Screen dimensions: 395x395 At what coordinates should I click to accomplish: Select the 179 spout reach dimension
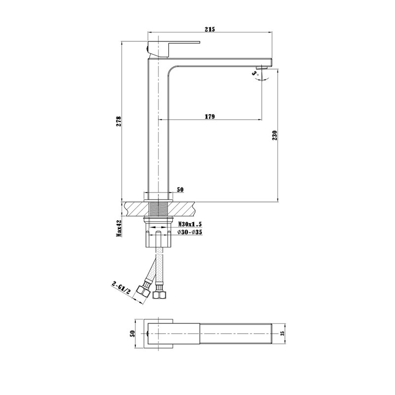pos(209,117)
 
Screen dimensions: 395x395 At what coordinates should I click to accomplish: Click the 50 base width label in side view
pos(180,190)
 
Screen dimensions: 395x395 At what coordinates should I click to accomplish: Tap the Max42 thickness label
pos(119,228)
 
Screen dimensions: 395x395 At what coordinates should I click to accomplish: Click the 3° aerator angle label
pos(254,74)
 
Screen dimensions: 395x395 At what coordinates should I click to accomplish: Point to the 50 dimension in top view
pos(132,333)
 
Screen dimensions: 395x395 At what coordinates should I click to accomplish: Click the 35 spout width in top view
pos(282,333)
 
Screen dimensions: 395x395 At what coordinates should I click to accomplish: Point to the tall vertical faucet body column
pos(158,128)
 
